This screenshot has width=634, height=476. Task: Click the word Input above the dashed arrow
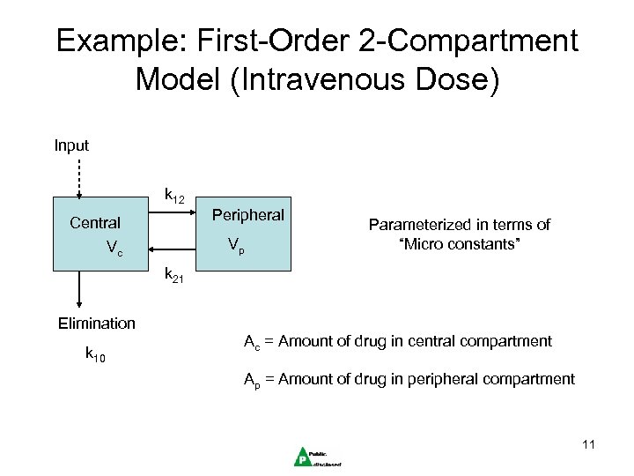(x=71, y=144)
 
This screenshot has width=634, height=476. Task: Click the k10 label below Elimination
(x=94, y=354)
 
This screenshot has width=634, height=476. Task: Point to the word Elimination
(x=97, y=324)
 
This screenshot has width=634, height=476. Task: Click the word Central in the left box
(x=95, y=223)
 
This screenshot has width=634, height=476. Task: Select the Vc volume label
(x=114, y=249)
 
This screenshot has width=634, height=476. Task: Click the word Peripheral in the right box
(x=247, y=215)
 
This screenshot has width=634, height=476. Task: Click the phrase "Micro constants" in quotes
(x=459, y=242)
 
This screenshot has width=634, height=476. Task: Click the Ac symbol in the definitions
(x=251, y=342)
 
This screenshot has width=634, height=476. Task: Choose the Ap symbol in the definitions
(x=251, y=380)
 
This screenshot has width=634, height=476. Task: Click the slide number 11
(x=588, y=445)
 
